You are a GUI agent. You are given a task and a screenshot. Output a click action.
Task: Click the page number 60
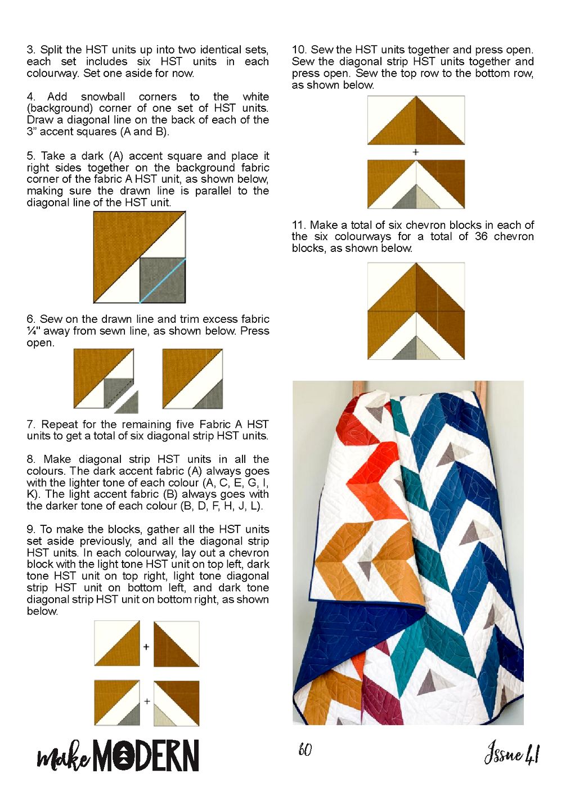click(x=305, y=750)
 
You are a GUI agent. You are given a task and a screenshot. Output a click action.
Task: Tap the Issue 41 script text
click(x=512, y=753)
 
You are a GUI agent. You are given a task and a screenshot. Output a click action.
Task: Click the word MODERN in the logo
click(x=146, y=755)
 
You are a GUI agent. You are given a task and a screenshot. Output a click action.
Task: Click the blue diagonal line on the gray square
click(x=162, y=281)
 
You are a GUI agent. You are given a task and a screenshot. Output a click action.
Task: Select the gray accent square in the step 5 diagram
click(x=162, y=281)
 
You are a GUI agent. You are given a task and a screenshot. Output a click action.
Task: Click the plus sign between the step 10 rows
click(x=416, y=152)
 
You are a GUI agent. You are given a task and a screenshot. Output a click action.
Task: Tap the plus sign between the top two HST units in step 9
click(x=146, y=647)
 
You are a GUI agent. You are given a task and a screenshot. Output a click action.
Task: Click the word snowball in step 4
click(x=103, y=97)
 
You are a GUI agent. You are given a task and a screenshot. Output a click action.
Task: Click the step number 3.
click(x=31, y=49)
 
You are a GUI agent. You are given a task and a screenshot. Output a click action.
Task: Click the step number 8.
click(x=31, y=459)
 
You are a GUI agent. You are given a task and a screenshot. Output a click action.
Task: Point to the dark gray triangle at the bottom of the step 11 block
click(x=404, y=348)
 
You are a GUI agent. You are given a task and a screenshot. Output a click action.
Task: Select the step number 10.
click(x=299, y=49)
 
